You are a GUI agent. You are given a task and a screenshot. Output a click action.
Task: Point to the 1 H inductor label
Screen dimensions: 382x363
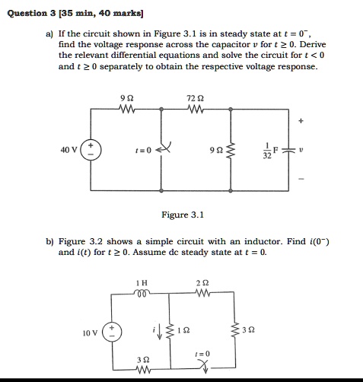[140, 282]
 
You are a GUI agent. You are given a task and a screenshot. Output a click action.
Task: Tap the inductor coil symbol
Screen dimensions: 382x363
[140, 293]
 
